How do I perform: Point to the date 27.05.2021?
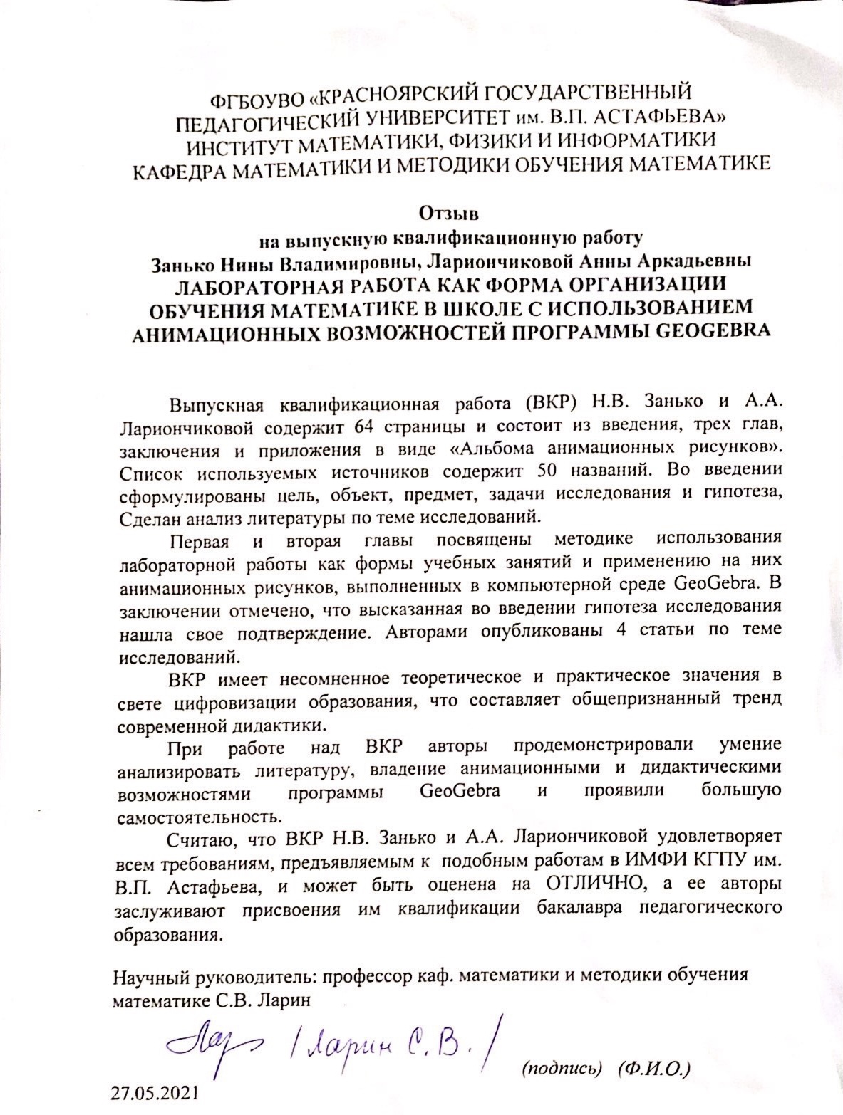155,1093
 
